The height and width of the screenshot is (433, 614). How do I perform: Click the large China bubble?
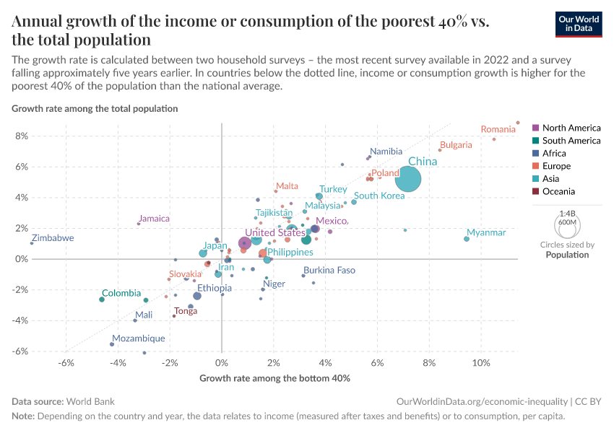click(408, 178)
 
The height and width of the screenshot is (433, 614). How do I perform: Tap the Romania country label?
click(498, 130)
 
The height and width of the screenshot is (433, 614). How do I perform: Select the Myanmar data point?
click(467, 239)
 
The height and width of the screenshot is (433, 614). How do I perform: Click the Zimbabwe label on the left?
click(53, 238)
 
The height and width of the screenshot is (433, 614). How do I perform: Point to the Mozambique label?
click(139, 338)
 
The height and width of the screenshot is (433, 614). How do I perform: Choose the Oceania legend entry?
click(558, 191)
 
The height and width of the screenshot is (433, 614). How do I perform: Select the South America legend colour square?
click(535, 141)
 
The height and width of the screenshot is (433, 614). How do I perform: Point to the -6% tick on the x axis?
click(66, 362)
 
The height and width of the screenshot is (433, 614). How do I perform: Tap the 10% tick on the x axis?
click(480, 362)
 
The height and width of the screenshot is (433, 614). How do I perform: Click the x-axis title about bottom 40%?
click(274, 378)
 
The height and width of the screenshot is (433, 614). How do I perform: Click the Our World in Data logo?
click(579, 24)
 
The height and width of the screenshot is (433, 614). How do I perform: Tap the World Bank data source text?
click(90, 401)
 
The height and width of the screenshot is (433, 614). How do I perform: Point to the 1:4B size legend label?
click(568, 214)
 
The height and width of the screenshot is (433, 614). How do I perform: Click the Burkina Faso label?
click(329, 270)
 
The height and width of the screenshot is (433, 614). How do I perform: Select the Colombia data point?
click(102, 299)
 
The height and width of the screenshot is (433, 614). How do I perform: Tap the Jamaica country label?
click(154, 219)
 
